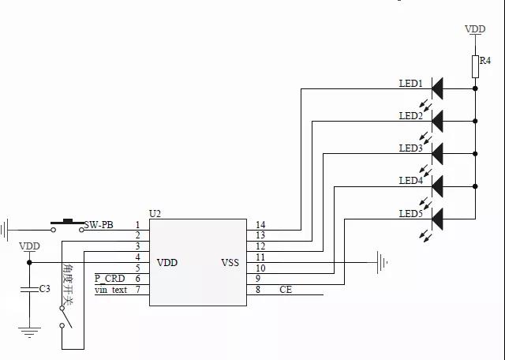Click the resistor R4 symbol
coord(476,66)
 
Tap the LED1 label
coord(410,83)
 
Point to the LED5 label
coord(410,214)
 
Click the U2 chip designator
coord(155,214)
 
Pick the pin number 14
coord(260,225)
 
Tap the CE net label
coord(286,290)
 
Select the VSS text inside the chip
coord(230,263)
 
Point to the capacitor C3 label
coord(45,289)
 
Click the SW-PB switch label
coord(99,225)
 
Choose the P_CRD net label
coord(110,279)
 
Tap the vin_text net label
coord(110,290)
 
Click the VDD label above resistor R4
coord(475,29)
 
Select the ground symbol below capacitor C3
coord(30,332)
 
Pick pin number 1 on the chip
coord(137,225)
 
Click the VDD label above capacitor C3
coord(29,246)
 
